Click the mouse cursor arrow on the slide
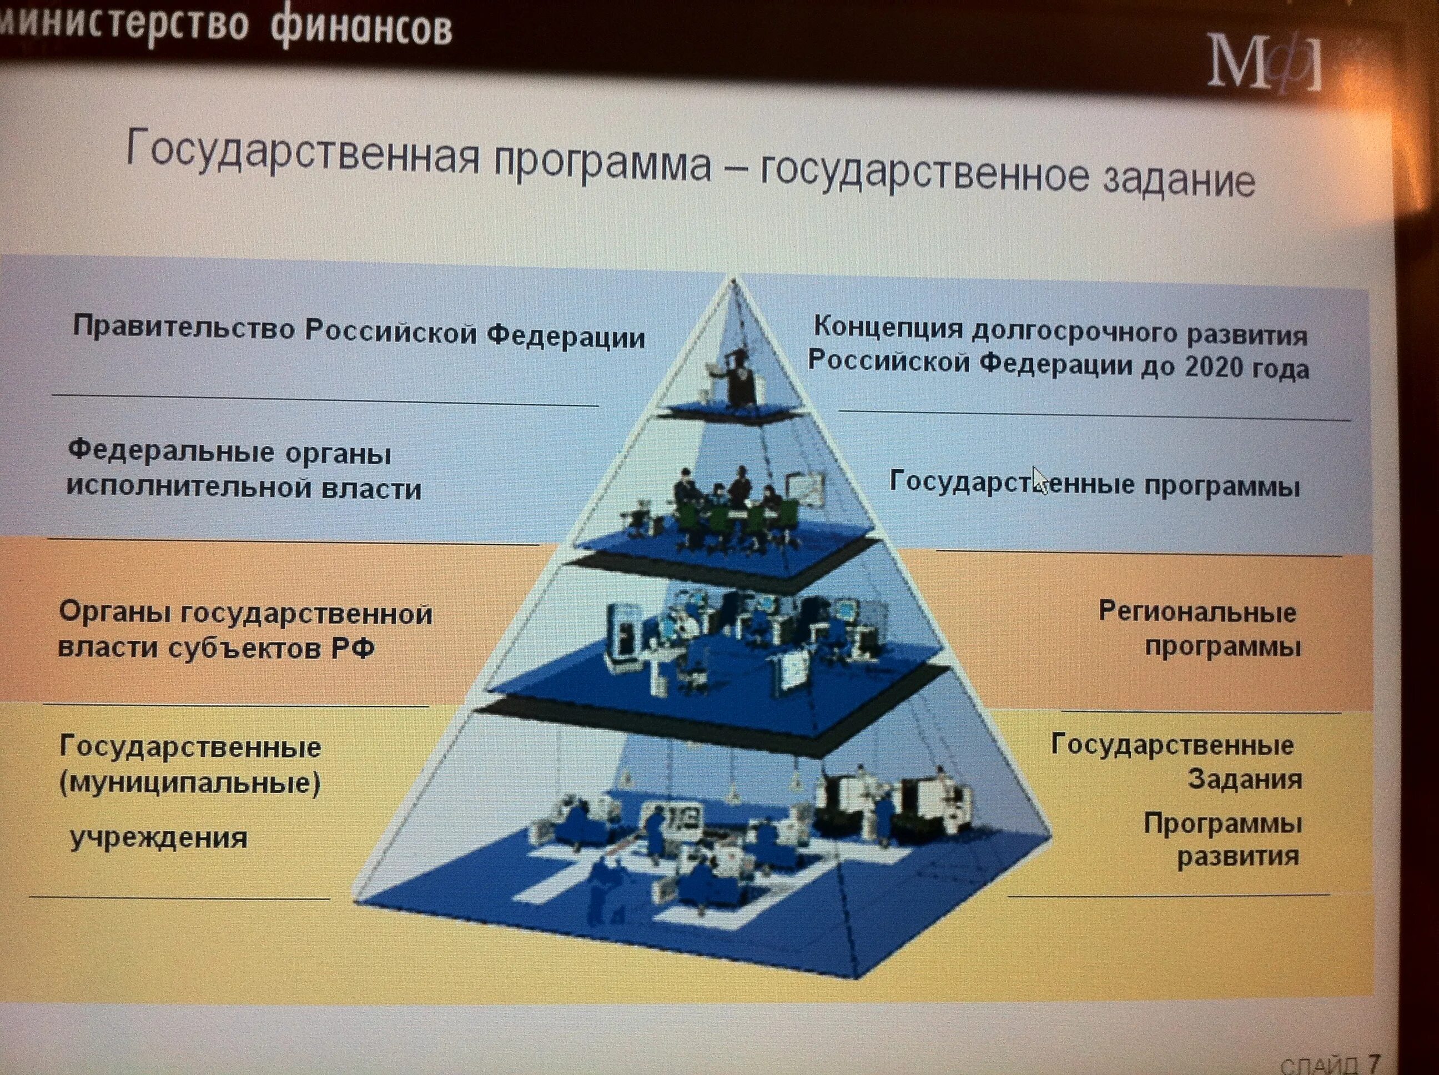1040,480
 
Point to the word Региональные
1197,612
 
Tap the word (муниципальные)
190,783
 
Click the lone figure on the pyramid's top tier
738,378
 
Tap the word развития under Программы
1238,856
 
